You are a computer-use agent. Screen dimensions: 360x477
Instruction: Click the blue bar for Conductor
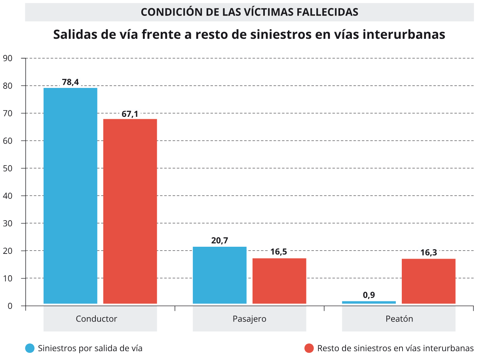[70, 196]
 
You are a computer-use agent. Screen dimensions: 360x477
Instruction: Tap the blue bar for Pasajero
[219, 275]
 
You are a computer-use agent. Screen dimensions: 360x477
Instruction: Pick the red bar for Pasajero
[279, 281]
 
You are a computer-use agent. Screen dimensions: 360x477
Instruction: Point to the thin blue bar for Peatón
[369, 302]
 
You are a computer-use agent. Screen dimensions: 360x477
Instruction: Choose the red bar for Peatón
[428, 281]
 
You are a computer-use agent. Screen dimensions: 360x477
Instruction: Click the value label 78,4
[70, 82]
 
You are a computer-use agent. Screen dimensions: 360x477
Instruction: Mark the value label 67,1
[130, 114]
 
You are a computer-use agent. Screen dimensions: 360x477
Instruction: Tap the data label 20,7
[220, 240]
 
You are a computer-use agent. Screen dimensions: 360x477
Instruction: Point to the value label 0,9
[369, 295]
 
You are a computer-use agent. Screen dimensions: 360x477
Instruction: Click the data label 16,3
[428, 253]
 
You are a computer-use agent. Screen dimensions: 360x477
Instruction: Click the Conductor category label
[97, 319]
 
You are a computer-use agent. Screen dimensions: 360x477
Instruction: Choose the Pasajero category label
[249, 319]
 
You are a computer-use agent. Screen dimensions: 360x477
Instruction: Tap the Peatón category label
[399, 319]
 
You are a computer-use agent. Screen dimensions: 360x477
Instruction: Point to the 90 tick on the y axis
[8, 58]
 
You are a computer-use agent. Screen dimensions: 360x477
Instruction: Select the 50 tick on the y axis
[8, 168]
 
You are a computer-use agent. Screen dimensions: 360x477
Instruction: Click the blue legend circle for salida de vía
[30, 348]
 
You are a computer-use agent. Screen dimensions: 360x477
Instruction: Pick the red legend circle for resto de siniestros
[309, 348]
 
